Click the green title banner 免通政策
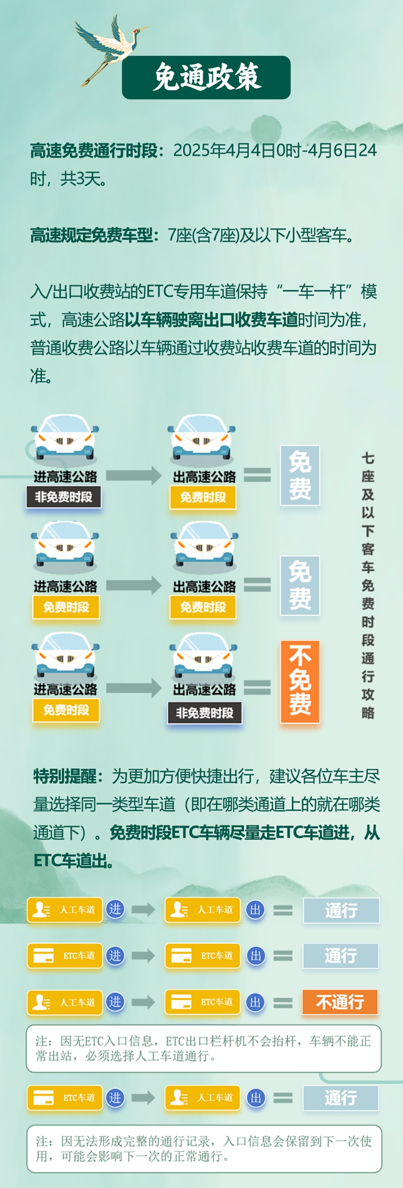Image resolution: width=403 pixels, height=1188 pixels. (206, 77)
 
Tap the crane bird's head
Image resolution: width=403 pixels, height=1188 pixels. (136, 31)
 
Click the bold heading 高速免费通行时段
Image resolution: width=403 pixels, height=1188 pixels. (94, 151)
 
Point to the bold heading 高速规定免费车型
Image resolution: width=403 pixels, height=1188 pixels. (91, 235)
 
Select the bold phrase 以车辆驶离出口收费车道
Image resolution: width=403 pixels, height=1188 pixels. (212, 319)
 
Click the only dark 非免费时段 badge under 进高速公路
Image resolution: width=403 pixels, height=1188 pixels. (63, 497)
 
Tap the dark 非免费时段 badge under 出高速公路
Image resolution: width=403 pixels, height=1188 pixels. (205, 713)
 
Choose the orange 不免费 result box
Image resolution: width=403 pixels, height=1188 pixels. (300, 681)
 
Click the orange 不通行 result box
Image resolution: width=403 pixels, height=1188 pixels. (340, 1002)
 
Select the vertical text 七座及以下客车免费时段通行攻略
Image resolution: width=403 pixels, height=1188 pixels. (368, 585)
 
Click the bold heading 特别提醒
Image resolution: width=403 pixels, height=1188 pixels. (64, 776)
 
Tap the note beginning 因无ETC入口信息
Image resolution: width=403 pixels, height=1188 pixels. (204, 1048)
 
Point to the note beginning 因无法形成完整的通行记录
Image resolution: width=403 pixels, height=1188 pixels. (204, 1148)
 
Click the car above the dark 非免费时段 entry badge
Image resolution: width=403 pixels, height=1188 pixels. (64, 437)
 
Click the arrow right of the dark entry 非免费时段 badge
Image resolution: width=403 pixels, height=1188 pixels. (133, 475)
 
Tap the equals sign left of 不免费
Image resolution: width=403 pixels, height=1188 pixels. (257, 687)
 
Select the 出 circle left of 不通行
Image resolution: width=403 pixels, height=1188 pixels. (255, 1002)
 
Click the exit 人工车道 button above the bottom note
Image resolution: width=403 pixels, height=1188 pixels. (203, 1098)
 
